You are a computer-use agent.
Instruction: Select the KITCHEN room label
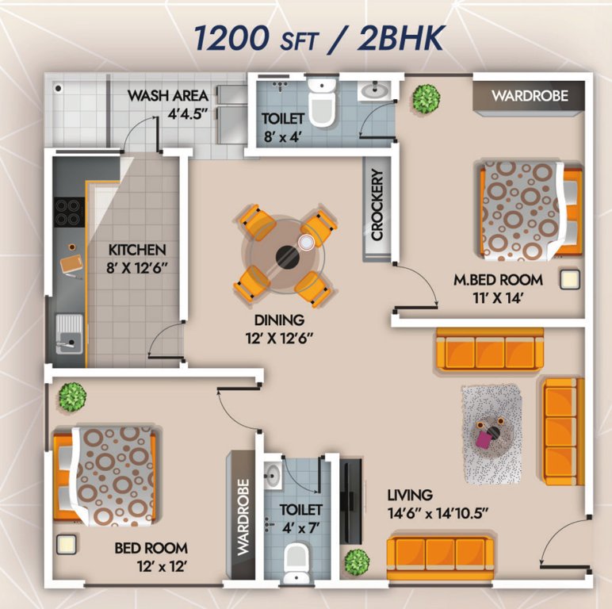click(137, 256)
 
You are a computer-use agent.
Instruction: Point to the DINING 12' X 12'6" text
click(279, 328)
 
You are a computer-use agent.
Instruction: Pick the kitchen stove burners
click(68, 212)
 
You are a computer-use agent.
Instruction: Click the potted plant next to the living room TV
click(356, 561)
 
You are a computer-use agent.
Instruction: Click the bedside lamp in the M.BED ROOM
click(569, 279)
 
